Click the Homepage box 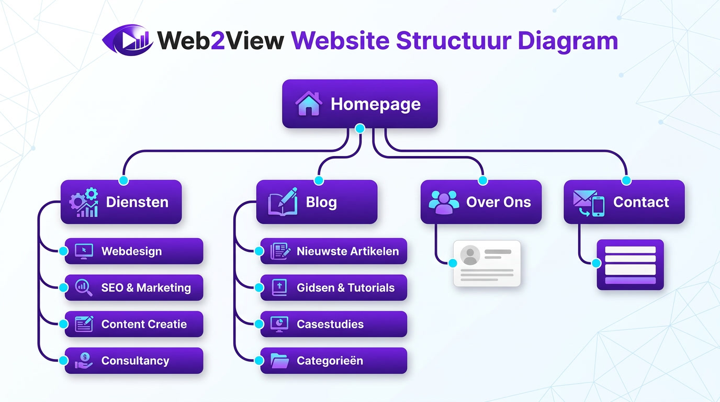(x=359, y=104)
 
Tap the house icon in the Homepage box (x=308, y=104)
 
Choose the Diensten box (x=121, y=202)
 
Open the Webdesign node (x=134, y=251)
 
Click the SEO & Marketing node (x=134, y=287)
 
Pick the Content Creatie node (x=134, y=324)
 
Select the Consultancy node (x=134, y=361)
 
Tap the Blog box (x=317, y=202)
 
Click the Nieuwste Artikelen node (x=334, y=251)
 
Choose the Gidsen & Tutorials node (x=334, y=287)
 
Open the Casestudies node (x=334, y=324)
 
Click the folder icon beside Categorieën (x=279, y=361)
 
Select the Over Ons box (x=481, y=202)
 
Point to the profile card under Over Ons (x=487, y=263)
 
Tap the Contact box (x=624, y=202)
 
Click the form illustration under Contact (x=630, y=264)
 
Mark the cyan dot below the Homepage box (x=359, y=128)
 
